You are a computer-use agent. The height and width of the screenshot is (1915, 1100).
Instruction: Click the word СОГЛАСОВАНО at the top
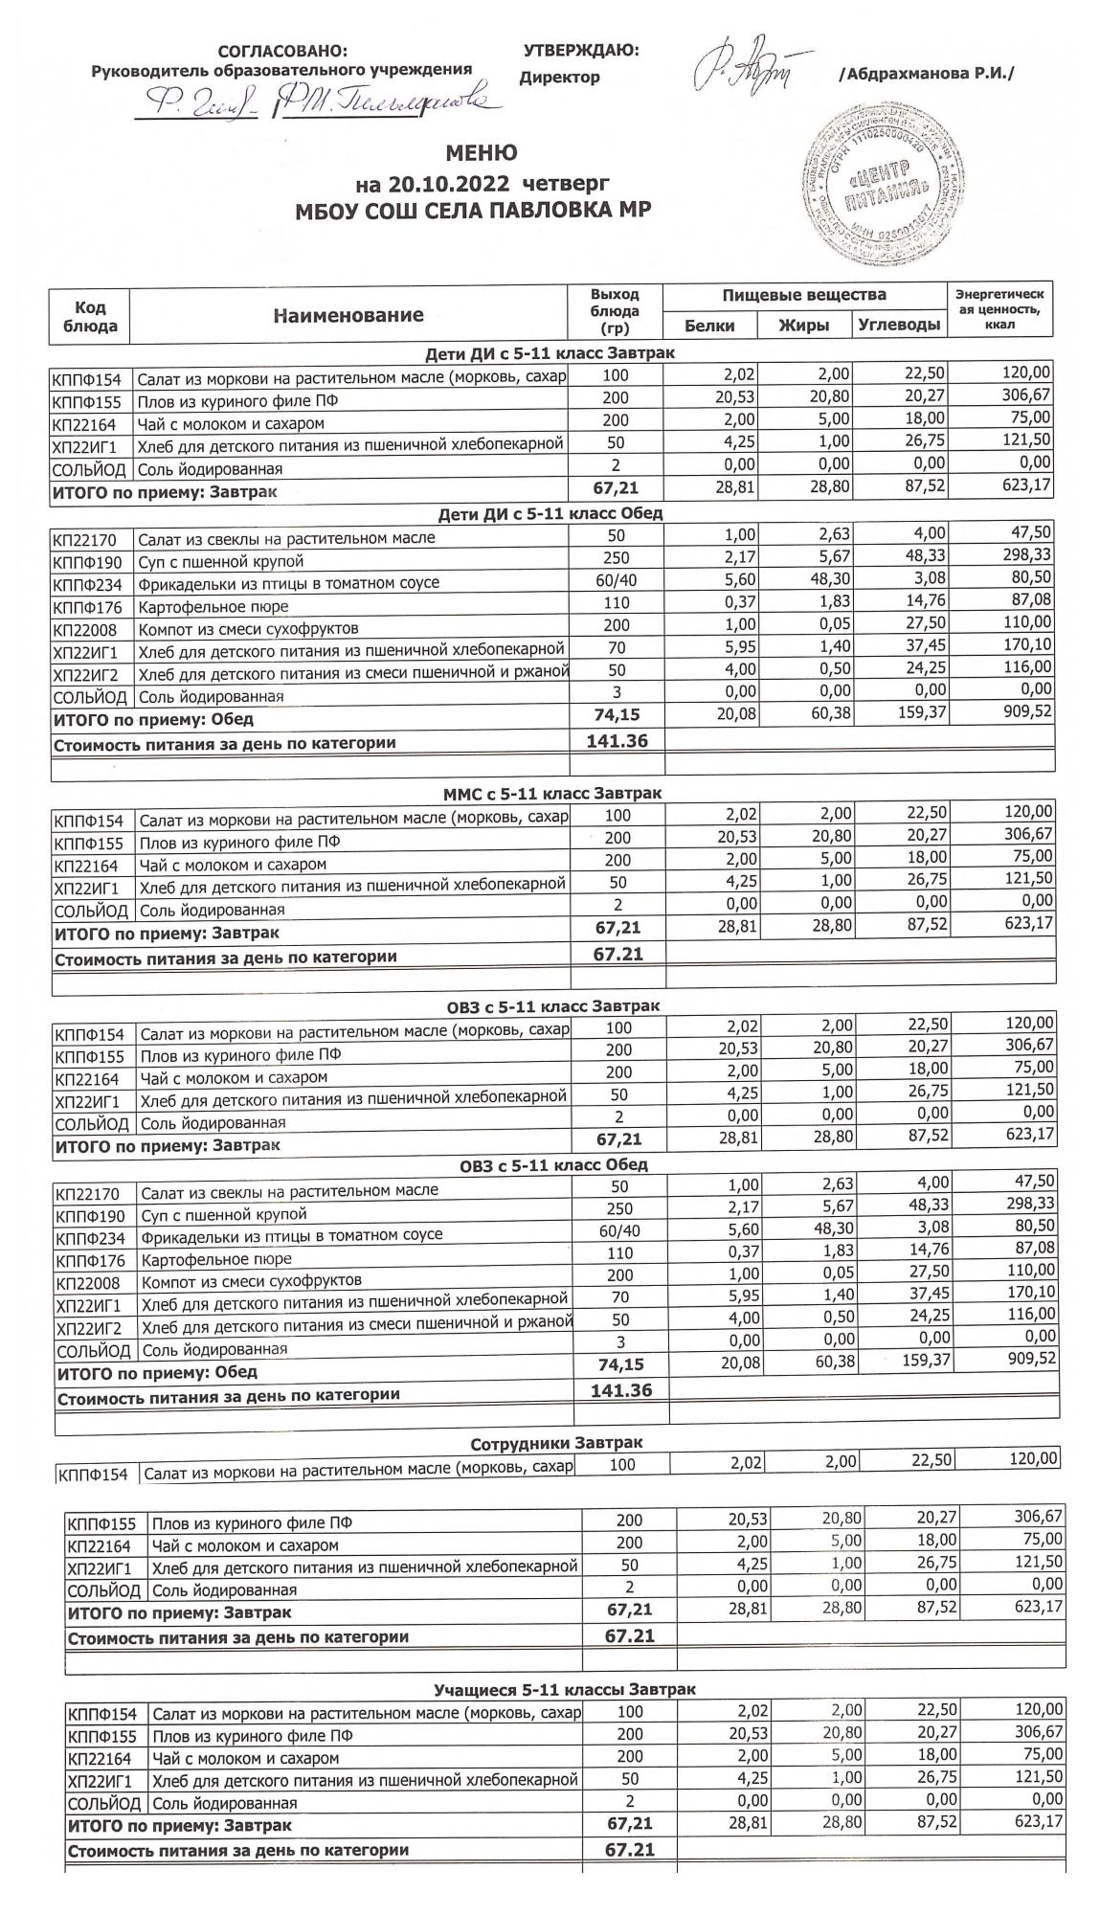coord(283,51)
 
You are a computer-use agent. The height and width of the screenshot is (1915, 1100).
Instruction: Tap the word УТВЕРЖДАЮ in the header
coord(581,50)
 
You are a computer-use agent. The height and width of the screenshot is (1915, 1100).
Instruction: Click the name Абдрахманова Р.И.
coord(926,75)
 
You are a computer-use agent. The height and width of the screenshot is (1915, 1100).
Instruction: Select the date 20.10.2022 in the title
coord(439,182)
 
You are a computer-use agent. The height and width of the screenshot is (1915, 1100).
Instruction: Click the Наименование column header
coord(348,315)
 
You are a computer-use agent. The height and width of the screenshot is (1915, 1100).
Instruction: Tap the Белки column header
coord(709,326)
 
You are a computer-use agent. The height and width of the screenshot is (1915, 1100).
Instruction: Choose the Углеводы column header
coord(898,326)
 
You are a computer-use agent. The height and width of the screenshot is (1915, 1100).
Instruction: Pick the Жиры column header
coord(803,326)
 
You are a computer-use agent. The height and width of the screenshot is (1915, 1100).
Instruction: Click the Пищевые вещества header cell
coord(803,295)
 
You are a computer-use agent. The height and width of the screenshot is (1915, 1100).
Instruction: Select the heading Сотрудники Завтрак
coord(556,1442)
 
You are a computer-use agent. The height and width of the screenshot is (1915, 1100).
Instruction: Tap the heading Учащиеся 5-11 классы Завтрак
coord(565,1689)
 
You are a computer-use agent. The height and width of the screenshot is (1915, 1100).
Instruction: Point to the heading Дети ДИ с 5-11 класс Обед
coord(550,513)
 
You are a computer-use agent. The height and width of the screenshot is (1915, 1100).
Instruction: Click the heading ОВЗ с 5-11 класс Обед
coord(553,1165)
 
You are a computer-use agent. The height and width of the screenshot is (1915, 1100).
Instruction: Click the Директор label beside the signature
coord(559,78)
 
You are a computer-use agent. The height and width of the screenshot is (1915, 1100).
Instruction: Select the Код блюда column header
coord(90,316)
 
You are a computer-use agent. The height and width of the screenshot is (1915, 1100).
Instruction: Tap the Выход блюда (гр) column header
coord(615,311)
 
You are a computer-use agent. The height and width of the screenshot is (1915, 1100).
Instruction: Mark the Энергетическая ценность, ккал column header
coord(999,309)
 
